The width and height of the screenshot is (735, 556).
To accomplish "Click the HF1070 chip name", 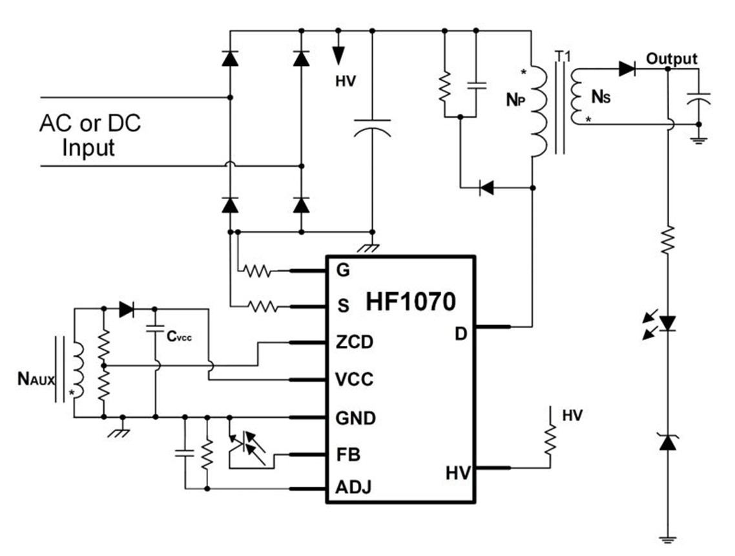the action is click(410, 302).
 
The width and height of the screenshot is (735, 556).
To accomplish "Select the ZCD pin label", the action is click(355, 342).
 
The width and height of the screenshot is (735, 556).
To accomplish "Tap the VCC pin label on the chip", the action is click(355, 379).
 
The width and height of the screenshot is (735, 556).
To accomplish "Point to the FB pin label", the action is click(348, 454).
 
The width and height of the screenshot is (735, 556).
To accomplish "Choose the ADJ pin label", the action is click(353, 487).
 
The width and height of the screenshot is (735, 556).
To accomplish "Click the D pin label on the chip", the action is click(461, 334).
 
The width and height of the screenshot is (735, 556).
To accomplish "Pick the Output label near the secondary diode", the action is click(672, 59).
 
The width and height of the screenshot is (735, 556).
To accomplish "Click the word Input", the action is click(88, 147).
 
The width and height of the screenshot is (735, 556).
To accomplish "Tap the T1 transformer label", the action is click(563, 56).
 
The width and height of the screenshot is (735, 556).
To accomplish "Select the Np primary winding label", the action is click(515, 100).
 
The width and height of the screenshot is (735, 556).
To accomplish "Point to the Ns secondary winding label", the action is click(601, 97).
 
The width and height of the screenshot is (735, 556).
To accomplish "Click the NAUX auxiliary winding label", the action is click(36, 378).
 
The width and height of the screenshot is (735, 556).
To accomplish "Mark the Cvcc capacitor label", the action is click(179, 336).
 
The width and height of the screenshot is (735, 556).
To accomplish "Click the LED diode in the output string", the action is click(667, 323).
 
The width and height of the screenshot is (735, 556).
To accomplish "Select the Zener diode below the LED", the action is click(667, 442).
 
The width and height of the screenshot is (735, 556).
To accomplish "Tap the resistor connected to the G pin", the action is click(257, 271).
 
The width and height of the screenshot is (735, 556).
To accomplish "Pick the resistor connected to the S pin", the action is click(262, 307).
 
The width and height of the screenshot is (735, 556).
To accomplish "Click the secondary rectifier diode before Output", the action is click(627, 69).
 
